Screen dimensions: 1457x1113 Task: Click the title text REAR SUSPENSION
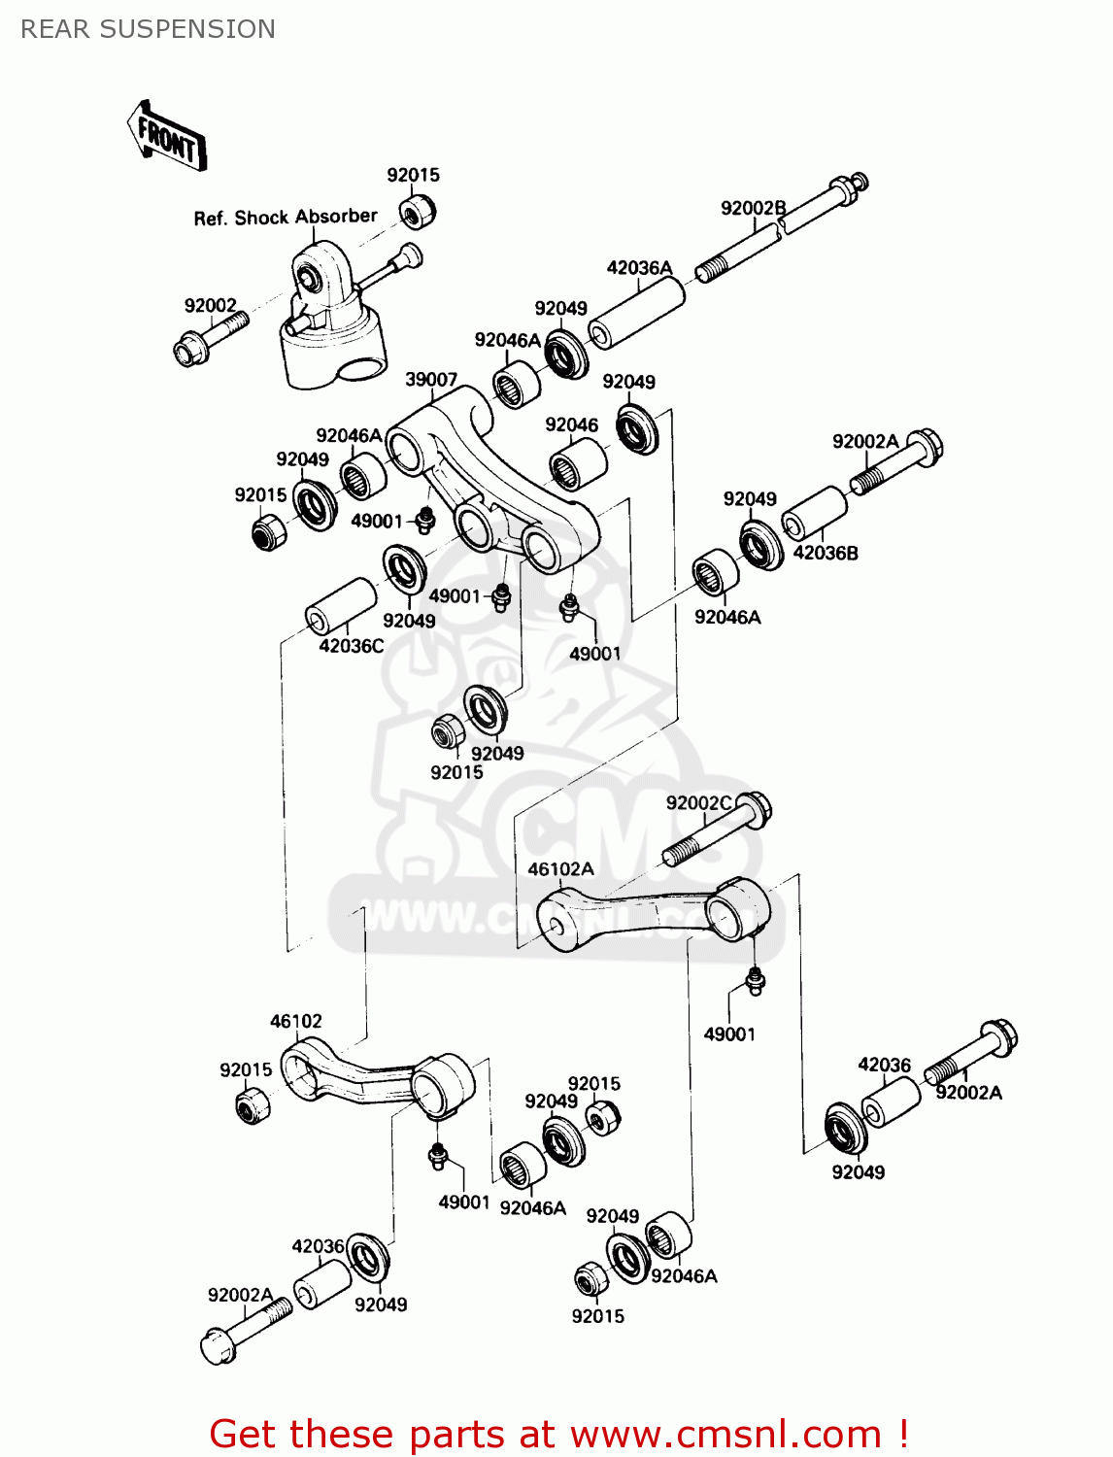click(148, 29)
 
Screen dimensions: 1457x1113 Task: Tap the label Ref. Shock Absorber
click(285, 218)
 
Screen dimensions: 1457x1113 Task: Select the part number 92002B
click(753, 208)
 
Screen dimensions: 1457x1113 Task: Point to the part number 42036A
click(639, 267)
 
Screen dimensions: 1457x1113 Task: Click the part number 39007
click(430, 379)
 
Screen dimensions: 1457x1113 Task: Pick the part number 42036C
click(351, 646)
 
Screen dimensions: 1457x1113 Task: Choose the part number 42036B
click(826, 553)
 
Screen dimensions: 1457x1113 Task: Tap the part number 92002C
click(698, 802)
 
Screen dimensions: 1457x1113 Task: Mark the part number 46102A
click(560, 868)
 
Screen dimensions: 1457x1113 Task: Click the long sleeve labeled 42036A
click(637, 312)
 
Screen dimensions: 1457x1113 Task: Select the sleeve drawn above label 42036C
click(341, 606)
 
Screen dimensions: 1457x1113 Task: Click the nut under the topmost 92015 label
click(418, 211)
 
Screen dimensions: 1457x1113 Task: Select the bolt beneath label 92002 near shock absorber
click(209, 336)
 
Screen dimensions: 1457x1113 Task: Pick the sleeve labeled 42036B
click(814, 512)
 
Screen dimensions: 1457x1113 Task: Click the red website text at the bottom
click(558, 1434)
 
